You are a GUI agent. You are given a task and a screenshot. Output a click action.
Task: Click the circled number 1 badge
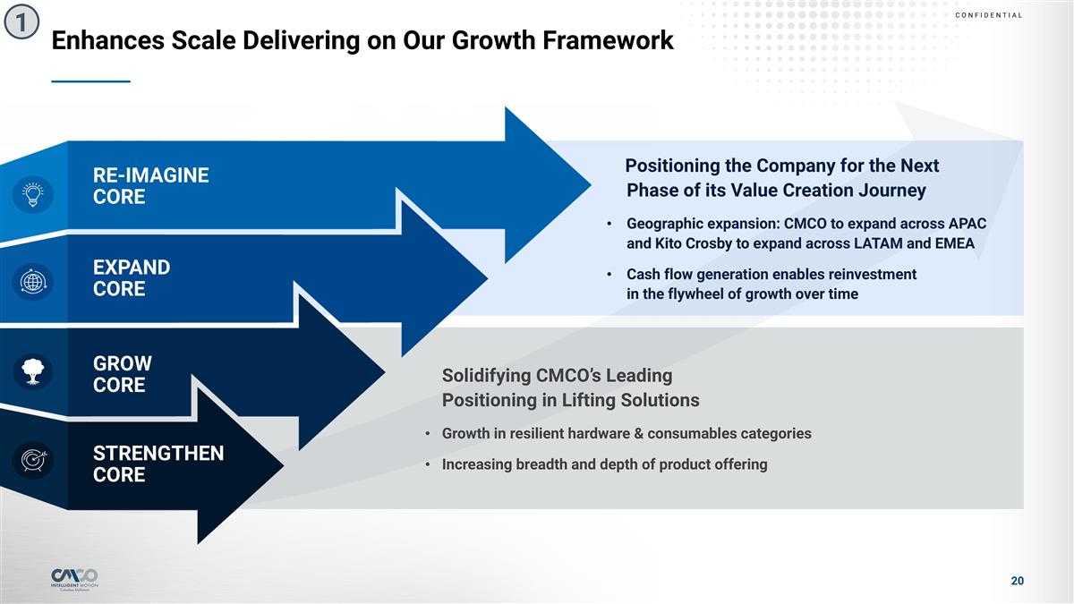(x=21, y=21)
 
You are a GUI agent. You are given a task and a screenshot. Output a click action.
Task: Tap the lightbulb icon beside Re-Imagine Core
(x=32, y=194)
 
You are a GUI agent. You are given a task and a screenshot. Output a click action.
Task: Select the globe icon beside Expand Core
(x=33, y=281)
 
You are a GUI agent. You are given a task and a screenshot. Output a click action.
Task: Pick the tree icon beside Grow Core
(x=33, y=371)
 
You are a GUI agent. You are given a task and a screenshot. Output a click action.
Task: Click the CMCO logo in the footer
(x=74, y=579)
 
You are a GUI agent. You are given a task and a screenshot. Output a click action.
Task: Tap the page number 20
(x=1017, y=581)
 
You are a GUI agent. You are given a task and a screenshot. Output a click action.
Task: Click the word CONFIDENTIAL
(x=989, y=15)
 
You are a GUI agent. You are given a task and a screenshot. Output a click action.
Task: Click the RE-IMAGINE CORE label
(x=150, y=186)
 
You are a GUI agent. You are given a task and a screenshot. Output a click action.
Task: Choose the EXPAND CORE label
(x=132, y=278)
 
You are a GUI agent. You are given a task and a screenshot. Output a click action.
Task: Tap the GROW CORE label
(x=123, y=374)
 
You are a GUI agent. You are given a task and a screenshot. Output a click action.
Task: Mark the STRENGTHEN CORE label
(x=158, y=464)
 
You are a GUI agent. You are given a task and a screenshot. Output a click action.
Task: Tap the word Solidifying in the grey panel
(x=486, y=377)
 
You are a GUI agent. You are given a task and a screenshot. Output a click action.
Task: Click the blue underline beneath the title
(x=90, y=81)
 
